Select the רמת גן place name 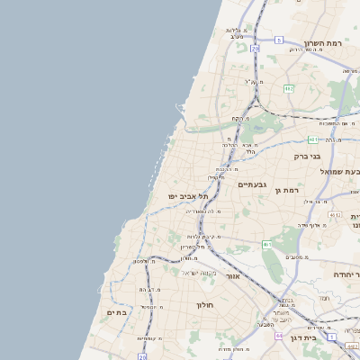288,190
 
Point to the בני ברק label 307,156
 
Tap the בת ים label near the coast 117,312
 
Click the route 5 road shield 279,40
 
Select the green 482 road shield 288,88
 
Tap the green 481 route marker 311,139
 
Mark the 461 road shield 267,244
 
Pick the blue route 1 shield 331,337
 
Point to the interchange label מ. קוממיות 149,338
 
